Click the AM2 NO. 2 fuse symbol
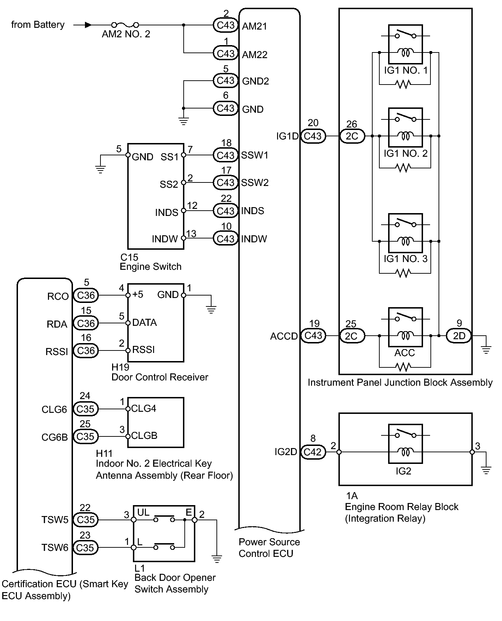pyautogui.click(x=125, y=25)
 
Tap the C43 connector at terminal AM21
pyautogui.click(x=226, y=25)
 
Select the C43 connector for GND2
pyautogui.click(x=226, y=81)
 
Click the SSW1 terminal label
pyautogui.click(x=255, y=155)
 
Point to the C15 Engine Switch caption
pyautogui.click(x=151, y=262)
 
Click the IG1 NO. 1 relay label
pyautogui.click(x=405, y=70)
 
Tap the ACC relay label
pyautogui.click(x=405, y=353)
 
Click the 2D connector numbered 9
pyautogui.click(x=459, y=336)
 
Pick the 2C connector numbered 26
pyautogui.click(x=352, y=136)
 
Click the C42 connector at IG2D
pyautogui.click(x=313, y=452)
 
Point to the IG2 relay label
pyautogui.click(x=403, y=471)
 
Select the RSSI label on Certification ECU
pyautogui.click(x=57, y=352)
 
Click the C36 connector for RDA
pyautogui.click(x=86, y=323)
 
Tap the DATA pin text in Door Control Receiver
pyautogui.click(x=145, y=323)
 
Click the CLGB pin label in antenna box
pyautogui.click(x=144, y=436)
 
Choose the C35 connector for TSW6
pyautogui.click(x=85, y=548)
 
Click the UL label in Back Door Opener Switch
pyautogui.click(x=143, y=513)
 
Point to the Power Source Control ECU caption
pyautogui.click(x=269, y=548)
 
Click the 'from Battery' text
pyautogui.click(x=38, y=25)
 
